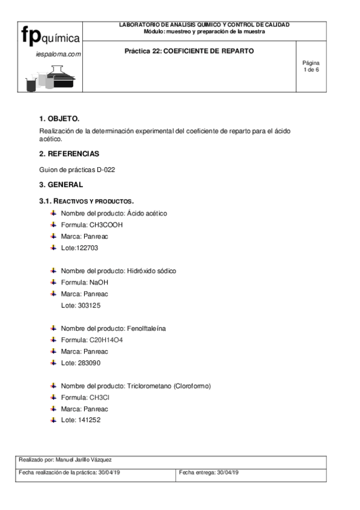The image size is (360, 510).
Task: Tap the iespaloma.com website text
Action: click(x=58, y=54)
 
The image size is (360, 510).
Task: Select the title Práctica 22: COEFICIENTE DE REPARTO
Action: click(x=189, y=51)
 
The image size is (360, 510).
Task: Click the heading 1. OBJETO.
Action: click(x=59, y=118)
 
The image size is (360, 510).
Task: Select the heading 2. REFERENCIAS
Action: click(x=69, y=153)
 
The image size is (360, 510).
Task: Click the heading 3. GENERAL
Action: click(x=61, y=185)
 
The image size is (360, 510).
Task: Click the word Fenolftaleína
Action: click(x=146, y=328)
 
